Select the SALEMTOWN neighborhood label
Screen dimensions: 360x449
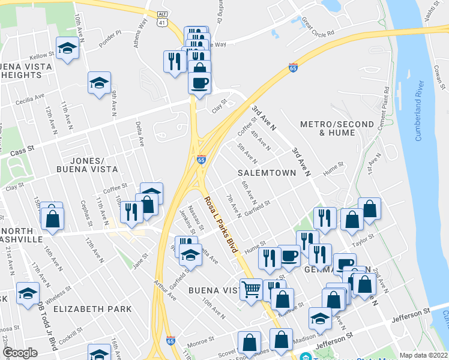coord(267,173)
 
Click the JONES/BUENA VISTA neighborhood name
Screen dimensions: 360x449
coord(96,165)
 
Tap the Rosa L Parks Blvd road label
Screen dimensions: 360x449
coord(221,222)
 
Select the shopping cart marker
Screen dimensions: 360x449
coord(252,289)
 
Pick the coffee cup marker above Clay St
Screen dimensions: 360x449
coord(200,82)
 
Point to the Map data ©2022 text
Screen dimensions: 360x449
coord(424,355)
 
